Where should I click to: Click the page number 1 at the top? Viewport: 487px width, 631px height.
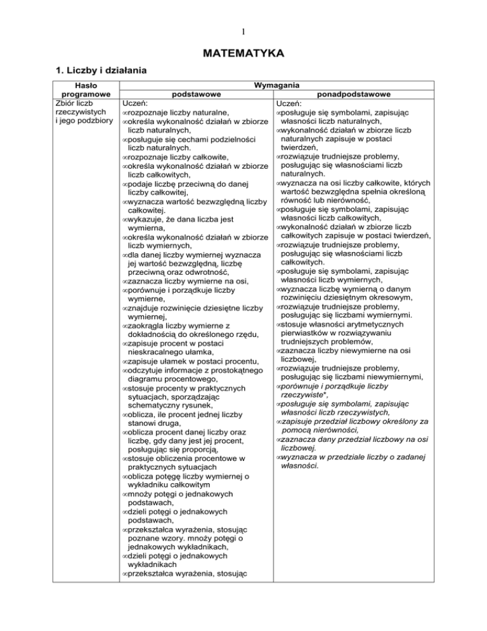(243, 29)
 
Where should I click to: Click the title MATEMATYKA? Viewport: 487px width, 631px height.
(243, 51)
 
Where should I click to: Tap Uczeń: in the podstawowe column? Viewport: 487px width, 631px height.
(135, 103)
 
